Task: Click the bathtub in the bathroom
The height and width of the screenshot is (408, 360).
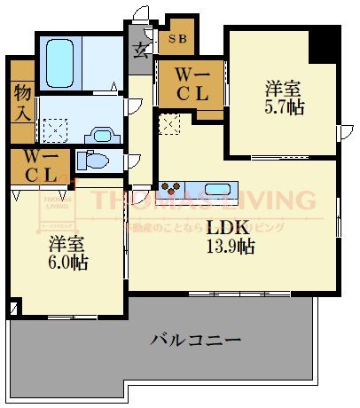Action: [x=61, y=61]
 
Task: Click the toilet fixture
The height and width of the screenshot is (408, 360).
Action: [x=94, y=161]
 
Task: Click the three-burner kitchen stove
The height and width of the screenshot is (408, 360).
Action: [x=171, y=189]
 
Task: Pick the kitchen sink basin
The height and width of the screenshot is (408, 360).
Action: [x=217, y=189]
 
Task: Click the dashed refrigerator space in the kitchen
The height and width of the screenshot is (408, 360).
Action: [x=168, y=124]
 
